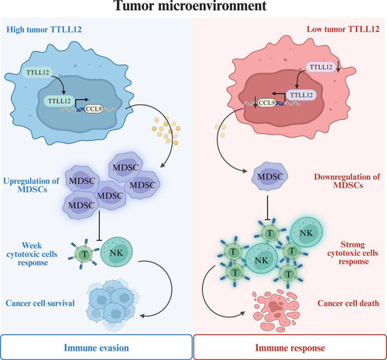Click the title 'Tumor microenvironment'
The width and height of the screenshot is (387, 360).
coord(190,5)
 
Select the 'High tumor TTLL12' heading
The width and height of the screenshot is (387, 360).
coord(44,29)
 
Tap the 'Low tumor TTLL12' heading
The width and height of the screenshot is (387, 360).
coord(343,29)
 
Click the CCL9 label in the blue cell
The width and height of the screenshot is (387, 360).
coord(94,109)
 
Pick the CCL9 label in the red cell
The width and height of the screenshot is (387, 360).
coord(266,103)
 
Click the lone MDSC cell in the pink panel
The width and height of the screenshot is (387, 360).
coord(270,177)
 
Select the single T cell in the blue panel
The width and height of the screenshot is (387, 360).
coord(84,254)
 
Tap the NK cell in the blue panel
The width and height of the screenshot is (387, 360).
coord(117,252)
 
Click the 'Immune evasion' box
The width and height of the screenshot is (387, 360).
coord(96,347)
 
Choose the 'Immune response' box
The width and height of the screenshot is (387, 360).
coord(290,347)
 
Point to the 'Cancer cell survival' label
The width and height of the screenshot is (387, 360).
coord(40,303)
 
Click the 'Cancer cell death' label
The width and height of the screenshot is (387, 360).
coord(348,303)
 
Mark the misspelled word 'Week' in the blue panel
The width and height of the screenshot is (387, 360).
coord(32,245)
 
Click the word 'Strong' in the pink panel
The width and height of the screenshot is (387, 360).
coord(352,244)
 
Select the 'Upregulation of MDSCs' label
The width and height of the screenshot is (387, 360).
coord(31,185)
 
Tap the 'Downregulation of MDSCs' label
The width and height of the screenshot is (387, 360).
coord(347,181)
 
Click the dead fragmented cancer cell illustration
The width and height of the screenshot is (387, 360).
coord(276,310)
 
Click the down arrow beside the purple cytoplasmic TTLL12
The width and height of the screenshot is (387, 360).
coord(338,67)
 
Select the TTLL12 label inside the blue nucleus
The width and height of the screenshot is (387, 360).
coord(60,101)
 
